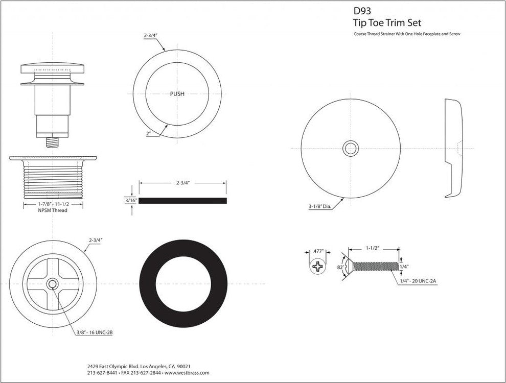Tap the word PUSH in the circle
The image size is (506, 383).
click(x=177, y=94)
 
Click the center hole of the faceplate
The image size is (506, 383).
click(x=351, y=149)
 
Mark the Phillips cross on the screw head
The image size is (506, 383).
click(x=318, y=267)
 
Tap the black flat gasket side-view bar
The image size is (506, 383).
click(x=183, y=201)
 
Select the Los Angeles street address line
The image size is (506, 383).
click(x=140, y=366)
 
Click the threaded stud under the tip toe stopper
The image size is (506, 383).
click(x=52, y=141)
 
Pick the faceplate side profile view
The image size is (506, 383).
click(x=453, y=148)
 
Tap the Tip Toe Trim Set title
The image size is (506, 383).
click(x=387, y=22)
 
